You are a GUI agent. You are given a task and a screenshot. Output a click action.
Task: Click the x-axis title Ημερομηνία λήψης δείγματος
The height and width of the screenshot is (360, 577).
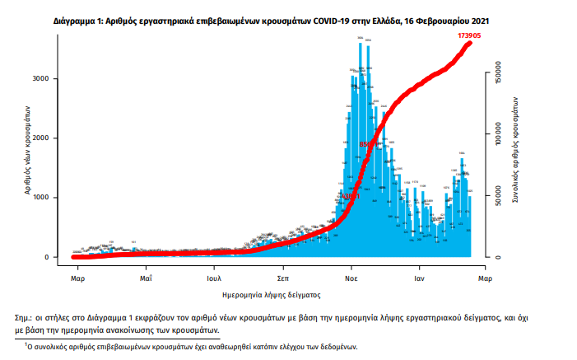(x=271, y=294)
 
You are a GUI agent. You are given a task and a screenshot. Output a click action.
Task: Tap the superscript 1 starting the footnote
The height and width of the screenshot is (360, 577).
(x=26, y=344)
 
